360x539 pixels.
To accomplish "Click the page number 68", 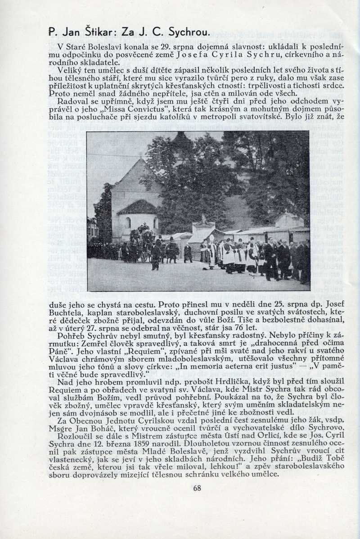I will point(197,488).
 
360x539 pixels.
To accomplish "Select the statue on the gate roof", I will point(203,219).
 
